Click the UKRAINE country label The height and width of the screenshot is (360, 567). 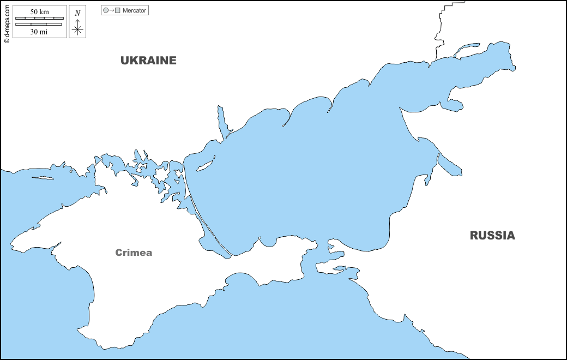(x=148, y=61)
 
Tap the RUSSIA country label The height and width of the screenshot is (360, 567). (x=492, y=236)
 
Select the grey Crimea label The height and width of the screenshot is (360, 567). (x=134, y=253)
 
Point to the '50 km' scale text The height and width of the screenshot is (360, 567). (x=39, y=12)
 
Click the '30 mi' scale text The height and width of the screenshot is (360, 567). (x=39, y=32)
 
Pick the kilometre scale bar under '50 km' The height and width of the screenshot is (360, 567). (x=39, y=19)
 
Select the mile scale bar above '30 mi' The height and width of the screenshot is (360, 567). (x=39, y=25)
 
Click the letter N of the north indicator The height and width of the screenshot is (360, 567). (x=77, y=13)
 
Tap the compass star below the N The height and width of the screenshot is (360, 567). (x=77, y=29)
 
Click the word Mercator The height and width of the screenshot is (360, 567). (x=134, y=10)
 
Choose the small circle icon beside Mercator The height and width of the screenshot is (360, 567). (x=106, y=10)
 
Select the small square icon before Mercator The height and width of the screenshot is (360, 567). (x=117, y=10)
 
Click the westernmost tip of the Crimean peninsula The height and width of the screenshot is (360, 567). (x=11, y=246)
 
